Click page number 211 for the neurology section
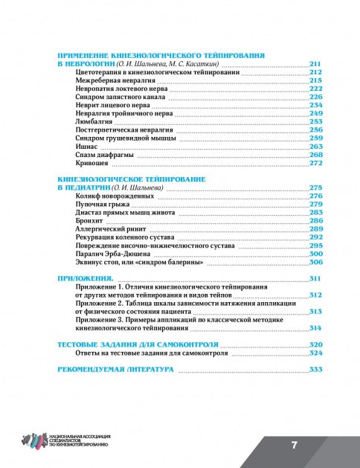(x=315, y=65)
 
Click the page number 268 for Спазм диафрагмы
(x=315, y=155)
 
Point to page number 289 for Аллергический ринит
(x=315, y=229)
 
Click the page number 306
(x=315, y=263)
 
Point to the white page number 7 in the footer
(x=295, y=445)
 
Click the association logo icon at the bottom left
(x=34, y=442)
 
